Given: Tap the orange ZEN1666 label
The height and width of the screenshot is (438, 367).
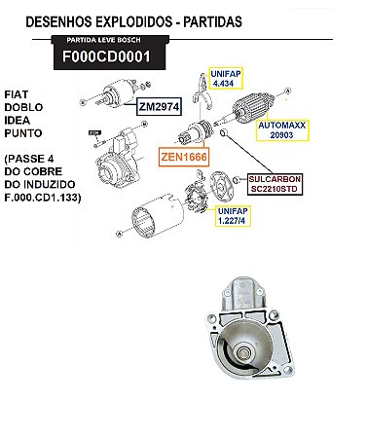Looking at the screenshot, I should click(186, 155).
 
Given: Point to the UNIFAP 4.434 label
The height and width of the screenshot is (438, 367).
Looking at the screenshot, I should click(227, 77).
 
